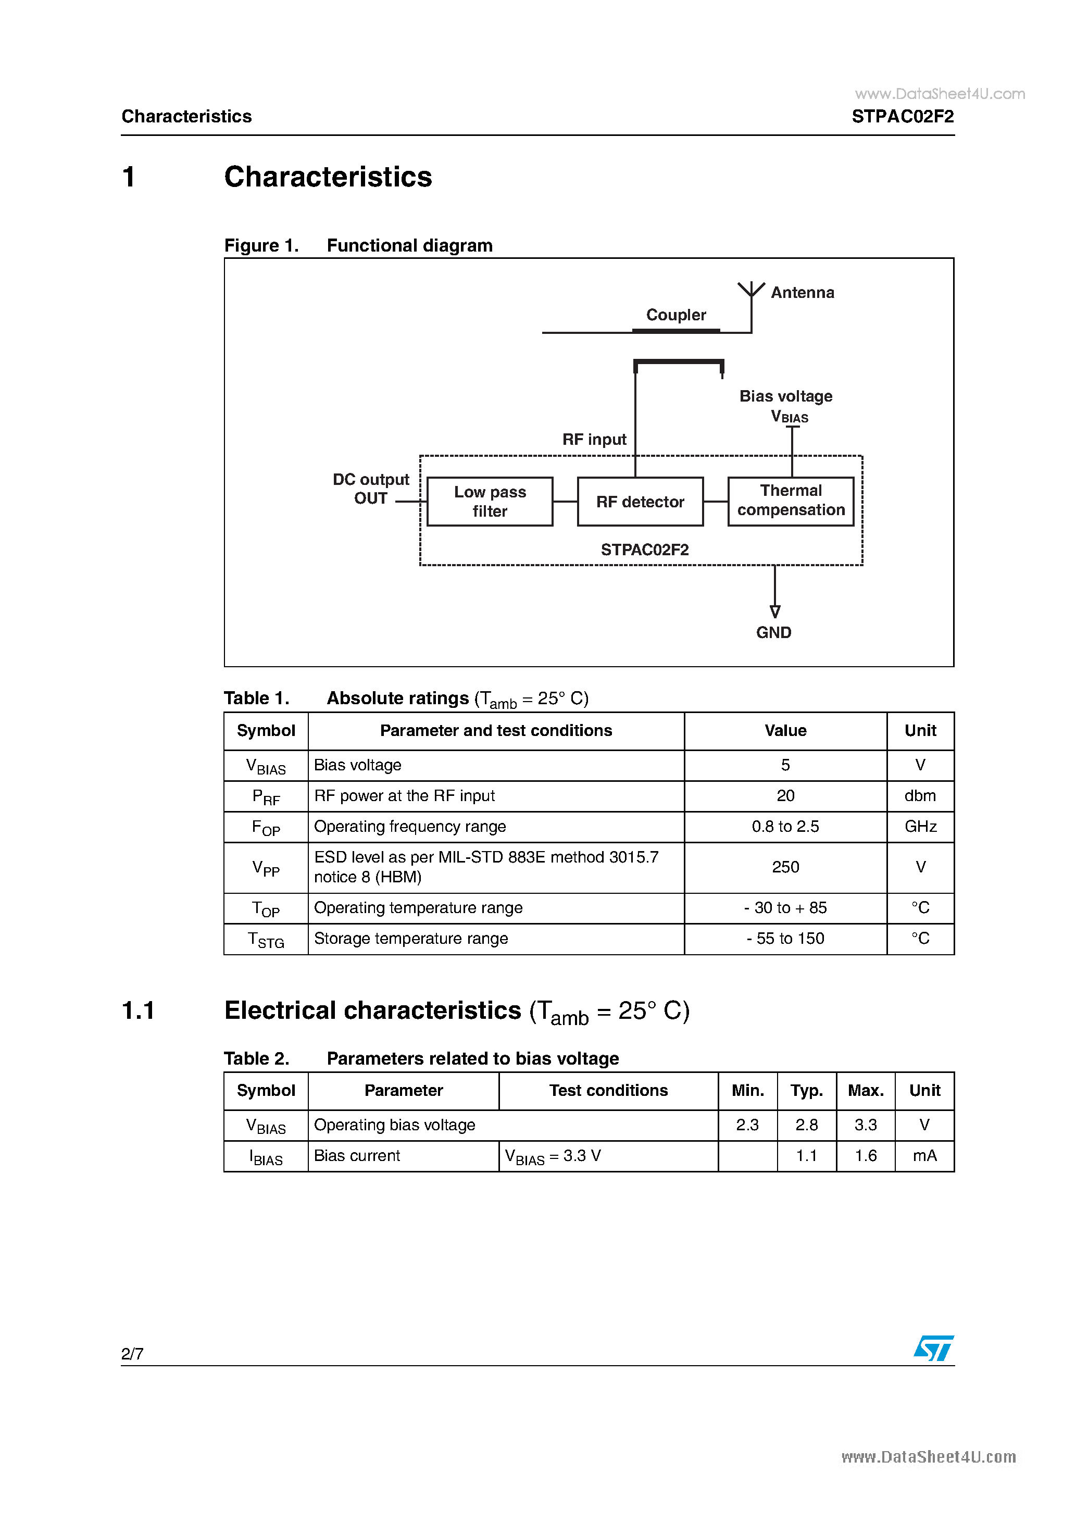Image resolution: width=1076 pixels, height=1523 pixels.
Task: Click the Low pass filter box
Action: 490,502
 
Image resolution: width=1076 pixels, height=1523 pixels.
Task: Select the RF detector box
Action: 640,502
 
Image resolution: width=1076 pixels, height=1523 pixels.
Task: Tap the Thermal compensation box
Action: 791,501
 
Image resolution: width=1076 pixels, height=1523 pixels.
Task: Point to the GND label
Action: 773,632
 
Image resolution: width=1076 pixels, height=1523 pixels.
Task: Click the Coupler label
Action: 676,315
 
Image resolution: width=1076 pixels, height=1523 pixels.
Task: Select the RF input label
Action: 594,439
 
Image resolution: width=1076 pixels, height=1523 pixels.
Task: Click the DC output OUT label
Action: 371,489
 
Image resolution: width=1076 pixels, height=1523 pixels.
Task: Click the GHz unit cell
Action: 920,827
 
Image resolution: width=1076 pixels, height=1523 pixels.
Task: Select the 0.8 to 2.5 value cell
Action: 785,827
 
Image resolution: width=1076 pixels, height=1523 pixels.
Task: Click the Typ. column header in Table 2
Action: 806,1091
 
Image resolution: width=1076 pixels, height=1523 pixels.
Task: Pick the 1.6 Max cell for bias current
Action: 865,1156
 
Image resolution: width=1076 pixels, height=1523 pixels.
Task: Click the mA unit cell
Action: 924,1156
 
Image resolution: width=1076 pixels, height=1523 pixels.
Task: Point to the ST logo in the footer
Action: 933,1349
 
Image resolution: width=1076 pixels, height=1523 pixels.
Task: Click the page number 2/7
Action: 132,1354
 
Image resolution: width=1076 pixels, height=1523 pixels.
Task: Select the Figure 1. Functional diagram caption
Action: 358,245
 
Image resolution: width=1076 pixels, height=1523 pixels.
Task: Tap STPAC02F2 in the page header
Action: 902,117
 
